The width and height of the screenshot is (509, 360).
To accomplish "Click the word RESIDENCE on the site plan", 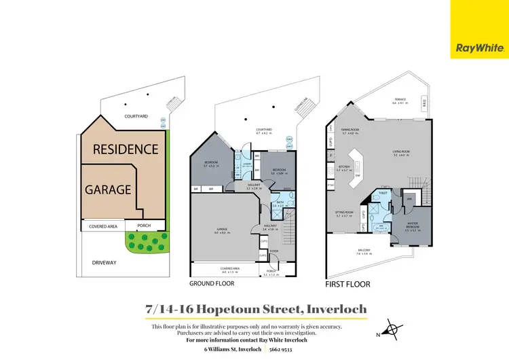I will pos(126,149).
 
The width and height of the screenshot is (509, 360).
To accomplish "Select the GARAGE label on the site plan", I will pos(107,190).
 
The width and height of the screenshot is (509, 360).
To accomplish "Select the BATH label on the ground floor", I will pos(280,202).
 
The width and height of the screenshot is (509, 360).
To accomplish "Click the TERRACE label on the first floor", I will pos(400,101).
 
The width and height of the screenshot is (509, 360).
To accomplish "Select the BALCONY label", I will pos(364,250).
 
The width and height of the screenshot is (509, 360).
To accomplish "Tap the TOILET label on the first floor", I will pos(382,192).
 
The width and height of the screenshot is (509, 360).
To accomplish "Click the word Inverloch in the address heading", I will pos(336,309).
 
